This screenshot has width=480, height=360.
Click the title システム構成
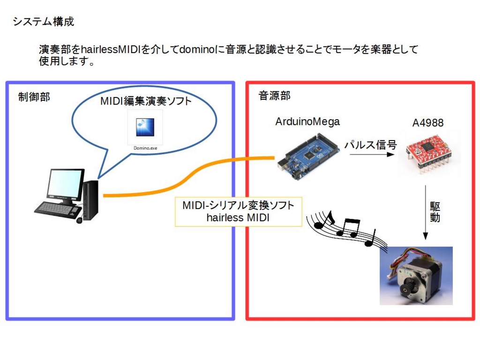(43, 22)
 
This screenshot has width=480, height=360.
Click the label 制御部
(34, 97)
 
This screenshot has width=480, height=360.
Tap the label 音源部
(275, 96)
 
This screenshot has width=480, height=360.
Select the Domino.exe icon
(145, 128)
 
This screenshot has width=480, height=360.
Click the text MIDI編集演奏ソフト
(146, 101)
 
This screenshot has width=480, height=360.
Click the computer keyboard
(56, 209)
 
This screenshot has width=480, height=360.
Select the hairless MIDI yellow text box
(238, 212)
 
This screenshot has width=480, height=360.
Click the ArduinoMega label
(307, 122)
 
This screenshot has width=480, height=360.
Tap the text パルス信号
(370, 145)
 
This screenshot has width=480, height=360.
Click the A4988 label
(427, 123)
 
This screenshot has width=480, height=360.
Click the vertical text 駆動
(435, 212)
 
